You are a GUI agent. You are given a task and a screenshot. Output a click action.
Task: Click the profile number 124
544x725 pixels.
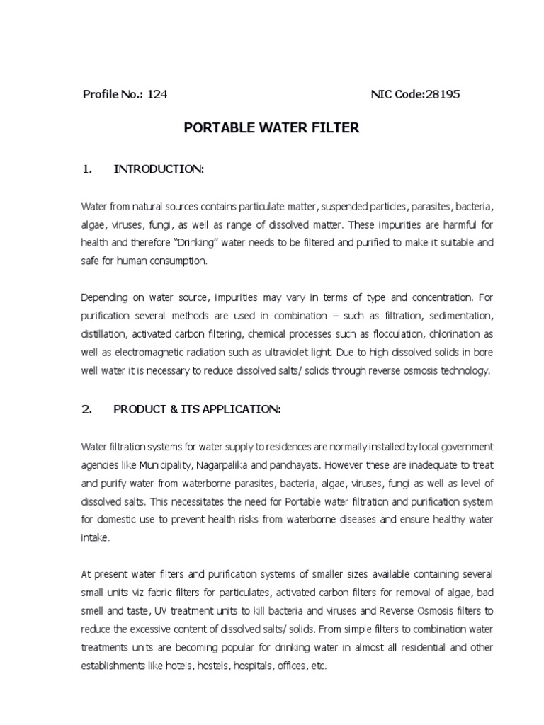(x=157, y=94)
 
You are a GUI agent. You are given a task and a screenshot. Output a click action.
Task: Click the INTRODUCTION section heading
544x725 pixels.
(x=159, y=169)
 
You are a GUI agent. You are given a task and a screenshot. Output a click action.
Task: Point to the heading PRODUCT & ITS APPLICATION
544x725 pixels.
(x=197, y=409)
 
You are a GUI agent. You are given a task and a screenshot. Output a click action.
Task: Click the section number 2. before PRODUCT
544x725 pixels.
(x=88, y=409)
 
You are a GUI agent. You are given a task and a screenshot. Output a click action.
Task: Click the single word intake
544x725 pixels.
(x=96, y=537)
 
